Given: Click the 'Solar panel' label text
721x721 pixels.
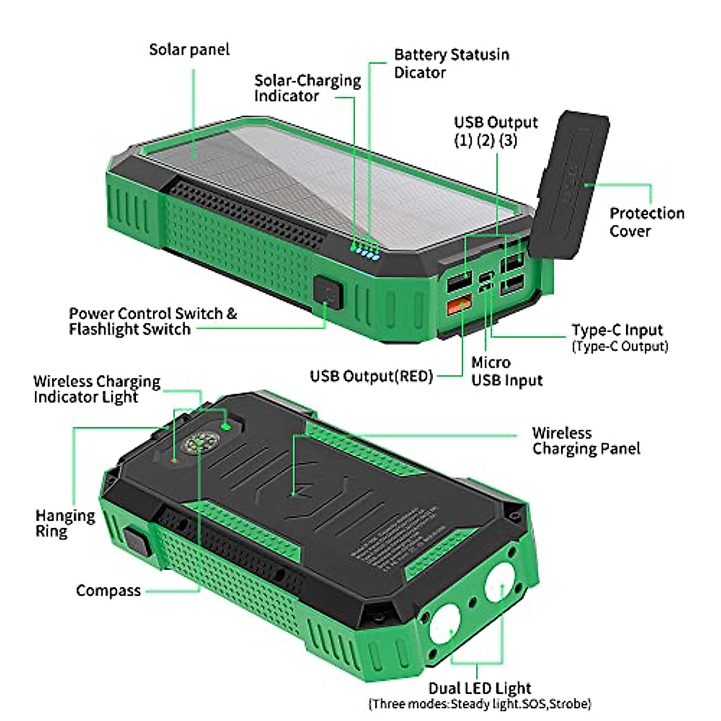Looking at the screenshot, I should (x=189, y=49).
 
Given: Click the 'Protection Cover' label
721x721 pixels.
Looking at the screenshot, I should (x=646, y=222).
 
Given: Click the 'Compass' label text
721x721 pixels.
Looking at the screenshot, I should (x=108, y=591).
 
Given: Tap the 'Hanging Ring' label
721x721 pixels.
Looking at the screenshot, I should (x=65, y=523).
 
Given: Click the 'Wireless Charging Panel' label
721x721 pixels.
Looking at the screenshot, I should (x=586, y=441).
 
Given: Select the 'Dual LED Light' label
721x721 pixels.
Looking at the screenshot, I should (x=479, y=688).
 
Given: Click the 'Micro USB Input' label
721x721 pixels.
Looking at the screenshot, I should (x=507, y=371).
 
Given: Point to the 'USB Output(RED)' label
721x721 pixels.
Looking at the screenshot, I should (x=371, y=376).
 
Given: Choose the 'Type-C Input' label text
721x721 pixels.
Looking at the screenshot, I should (x=617, y=330).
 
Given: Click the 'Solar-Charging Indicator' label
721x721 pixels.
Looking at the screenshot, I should (x=307, y=88).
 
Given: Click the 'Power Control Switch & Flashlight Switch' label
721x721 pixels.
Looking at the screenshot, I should (x=153, y=321).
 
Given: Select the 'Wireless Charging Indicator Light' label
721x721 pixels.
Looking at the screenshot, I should (x=97, y=389).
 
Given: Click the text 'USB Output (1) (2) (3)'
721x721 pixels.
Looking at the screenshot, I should (x=495, y=131).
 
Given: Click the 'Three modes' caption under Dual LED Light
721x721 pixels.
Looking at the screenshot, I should (x=479, y=704).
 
